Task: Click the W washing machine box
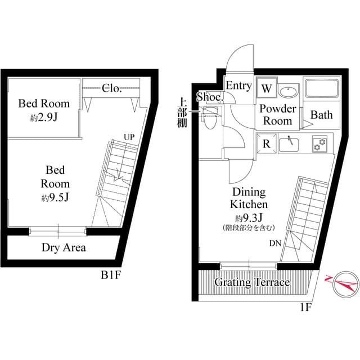[267, 89]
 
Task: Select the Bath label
[322, 115]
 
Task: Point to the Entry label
[238, 86]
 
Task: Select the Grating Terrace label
[251, 282]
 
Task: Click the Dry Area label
[64, 247]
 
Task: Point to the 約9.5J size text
[55, 198]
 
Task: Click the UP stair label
[129, 137]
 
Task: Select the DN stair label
[275, 244]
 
